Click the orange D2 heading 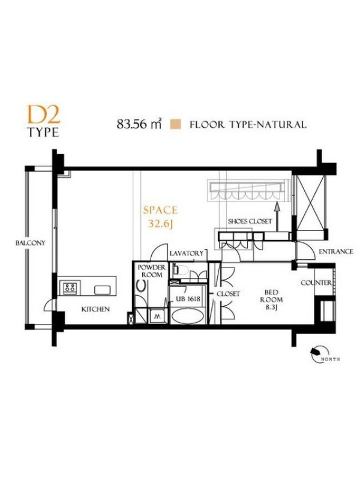point(44,115)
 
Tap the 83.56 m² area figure point(139,124)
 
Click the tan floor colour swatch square point(176,124)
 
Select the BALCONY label point(31,243)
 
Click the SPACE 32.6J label point(160,217)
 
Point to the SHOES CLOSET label point(250,221)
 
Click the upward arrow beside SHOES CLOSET point(277,217)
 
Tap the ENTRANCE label point(336,251)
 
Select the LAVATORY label point(187,253)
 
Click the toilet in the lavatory point(182,270)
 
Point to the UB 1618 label point(187,298)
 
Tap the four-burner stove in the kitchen point(70,288)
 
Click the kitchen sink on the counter point(102,290)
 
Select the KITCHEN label point(95,309)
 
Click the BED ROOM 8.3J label point(271,299)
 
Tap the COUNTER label point(316,283)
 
